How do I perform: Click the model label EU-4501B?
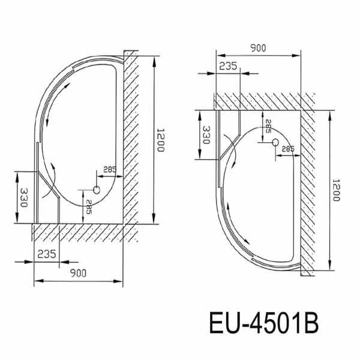pos(263,325)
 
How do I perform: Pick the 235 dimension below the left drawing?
pos(46,254)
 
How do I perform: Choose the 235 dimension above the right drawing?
pos(227,67)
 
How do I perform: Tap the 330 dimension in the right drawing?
pos(206,135)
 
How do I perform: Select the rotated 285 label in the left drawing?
pos(89,208)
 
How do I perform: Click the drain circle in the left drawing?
pos(96,190)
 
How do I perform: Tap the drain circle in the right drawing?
pos(275,143)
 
